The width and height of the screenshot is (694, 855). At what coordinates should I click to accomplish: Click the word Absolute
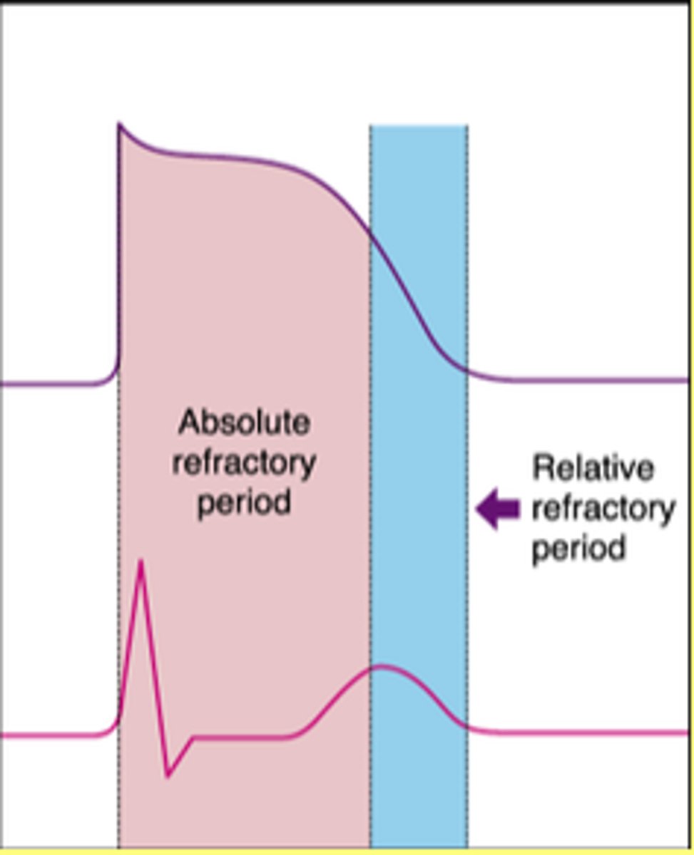[245, 423]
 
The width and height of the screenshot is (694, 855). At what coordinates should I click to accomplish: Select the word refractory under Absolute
[245, 464]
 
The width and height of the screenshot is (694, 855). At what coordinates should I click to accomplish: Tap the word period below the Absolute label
[245, 502]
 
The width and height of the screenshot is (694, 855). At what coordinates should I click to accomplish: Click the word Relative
[593, 469]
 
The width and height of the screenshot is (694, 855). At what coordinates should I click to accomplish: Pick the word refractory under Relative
[603, 509]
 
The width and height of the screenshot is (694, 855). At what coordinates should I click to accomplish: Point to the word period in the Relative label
[578, 549]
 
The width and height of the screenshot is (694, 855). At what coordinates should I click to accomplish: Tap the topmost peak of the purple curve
[120, 125]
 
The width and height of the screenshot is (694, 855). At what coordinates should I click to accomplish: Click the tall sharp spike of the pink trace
[141, 563]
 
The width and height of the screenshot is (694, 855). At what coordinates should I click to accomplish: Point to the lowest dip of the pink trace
[167, 775]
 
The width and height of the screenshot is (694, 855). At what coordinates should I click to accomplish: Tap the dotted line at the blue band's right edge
[467, 570]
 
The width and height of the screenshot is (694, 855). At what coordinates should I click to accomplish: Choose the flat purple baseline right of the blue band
[585, 380]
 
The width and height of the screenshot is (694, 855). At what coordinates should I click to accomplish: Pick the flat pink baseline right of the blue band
[585, 732]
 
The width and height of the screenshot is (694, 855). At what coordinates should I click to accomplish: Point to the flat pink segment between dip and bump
[243, 736]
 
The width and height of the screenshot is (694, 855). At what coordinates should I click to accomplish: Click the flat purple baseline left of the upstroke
[50, 385]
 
